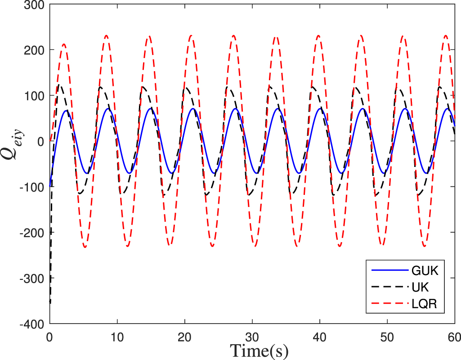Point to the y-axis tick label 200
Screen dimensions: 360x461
[35, 50]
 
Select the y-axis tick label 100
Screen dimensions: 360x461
[35, 96]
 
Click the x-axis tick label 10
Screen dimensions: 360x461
[117, 335]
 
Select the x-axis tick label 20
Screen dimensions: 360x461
[184, 335]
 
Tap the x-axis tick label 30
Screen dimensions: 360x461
[252, 335]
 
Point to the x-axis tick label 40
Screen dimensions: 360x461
[319, 335]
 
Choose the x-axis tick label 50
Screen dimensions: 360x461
[387, 335]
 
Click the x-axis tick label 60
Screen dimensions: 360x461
[454, 335]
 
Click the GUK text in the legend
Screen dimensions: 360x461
[425, 271]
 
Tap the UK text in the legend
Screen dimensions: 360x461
[421, 289]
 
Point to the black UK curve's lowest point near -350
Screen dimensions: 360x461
[50, 303]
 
